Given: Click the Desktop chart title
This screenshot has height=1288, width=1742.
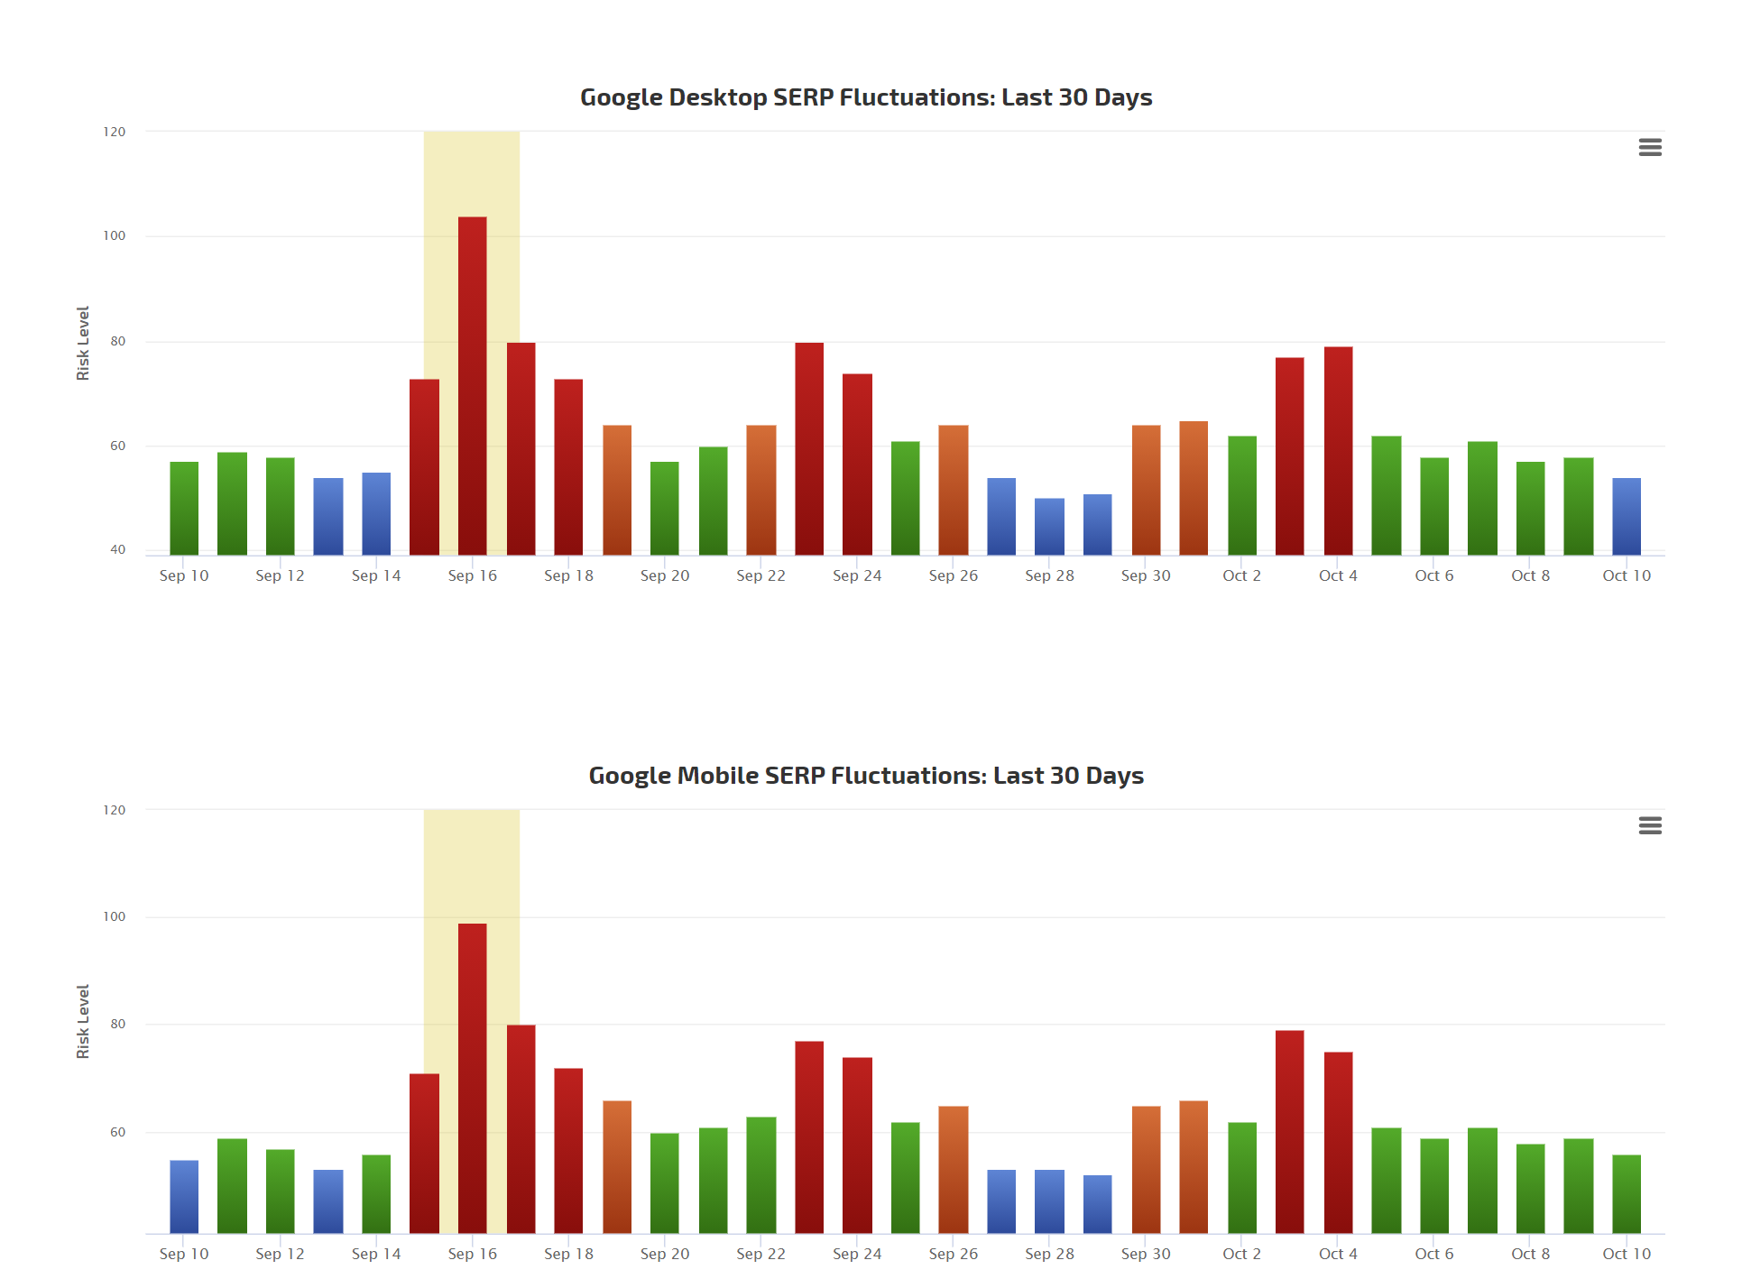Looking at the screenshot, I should click(866, 97).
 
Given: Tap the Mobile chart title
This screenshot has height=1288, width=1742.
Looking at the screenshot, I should click(866, 776).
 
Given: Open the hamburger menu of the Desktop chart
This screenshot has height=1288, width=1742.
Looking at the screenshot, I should click(1650, 147).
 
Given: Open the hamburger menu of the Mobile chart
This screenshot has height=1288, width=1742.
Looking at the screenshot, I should click(1650, 825).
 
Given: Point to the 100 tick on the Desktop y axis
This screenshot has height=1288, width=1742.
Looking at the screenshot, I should click(115, 236).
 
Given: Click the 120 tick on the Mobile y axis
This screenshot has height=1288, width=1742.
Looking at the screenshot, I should click(115, 810).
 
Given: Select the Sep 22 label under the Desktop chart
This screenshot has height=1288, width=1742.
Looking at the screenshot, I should click(760, 575).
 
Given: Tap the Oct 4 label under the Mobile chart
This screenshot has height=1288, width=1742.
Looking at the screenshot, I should click(1338, 1254).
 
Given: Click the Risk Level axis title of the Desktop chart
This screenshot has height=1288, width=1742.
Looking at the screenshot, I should click(83, 343).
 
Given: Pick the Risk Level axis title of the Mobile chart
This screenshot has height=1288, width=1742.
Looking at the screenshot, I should click(83, 1021).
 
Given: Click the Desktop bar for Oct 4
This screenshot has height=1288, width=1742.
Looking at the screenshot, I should click(1338, 451).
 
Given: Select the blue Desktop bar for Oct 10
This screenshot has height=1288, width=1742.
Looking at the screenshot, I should click(1627, 516).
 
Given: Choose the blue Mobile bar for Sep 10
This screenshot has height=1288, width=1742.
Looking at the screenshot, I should click(184, 1196).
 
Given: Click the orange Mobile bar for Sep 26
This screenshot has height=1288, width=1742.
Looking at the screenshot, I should click(954, 1169).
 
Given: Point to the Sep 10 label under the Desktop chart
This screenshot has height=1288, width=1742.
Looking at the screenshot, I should click(184, 575).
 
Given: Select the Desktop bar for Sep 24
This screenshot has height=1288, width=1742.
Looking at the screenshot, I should click(857, 464).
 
